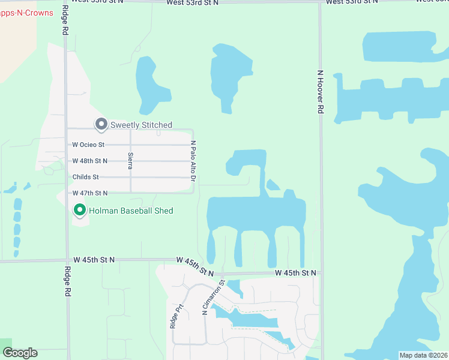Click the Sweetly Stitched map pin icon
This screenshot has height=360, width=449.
pyautogui.click(x=101, y=124)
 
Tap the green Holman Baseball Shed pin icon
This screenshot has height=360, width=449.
pyautogui.click(x=79, y=210)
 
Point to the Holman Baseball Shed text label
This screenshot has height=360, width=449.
pyautogui.click(x=131, y=211)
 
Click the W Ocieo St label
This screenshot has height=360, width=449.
pyautogui.click(x=88, y=145)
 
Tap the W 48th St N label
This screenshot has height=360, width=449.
pyautogui.click(x=89, y=161)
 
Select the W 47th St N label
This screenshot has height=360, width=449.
pyautogui.click(x=89, y=193)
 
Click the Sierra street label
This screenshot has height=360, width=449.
pyautogui.click(x=130, y=161)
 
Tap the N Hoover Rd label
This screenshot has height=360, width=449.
pyautogui.click(x=320, y=91)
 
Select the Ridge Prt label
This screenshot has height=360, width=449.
pyautogui.click(x=176, y=316)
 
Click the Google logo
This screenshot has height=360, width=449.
pyautogui.click(x=20, y=353)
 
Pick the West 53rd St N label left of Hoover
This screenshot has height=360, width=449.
pyautogui.click(x=193, y=3)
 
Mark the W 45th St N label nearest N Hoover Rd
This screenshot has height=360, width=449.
pyautogui.click(x=295, y=273)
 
